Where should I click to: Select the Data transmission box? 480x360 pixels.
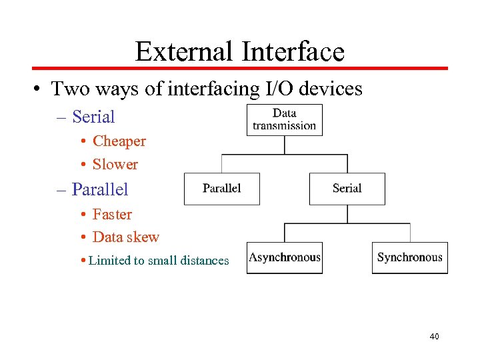(x=285, y=119)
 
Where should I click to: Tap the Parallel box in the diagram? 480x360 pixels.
(x=221, y=189)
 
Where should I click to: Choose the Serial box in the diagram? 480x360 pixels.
(x=347, y=189)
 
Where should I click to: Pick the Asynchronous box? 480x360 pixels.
(x=285, y=257)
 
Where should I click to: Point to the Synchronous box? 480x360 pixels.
(x=409, y=257)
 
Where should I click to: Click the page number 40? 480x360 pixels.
(x=434, y=337)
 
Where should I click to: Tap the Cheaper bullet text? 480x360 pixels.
(x=119, y=141)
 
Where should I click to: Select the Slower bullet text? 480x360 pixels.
(x=115, y=164)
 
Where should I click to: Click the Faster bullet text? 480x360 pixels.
(x=112, y=215)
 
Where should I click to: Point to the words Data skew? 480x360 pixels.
(x=126, y=237)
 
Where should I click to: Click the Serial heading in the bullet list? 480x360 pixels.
(x=93, y=117)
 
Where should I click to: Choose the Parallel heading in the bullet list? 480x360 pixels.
(x=100, y=189)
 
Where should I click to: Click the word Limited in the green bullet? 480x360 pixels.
(x=109, y=261)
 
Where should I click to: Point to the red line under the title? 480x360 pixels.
(x=240, y=68)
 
